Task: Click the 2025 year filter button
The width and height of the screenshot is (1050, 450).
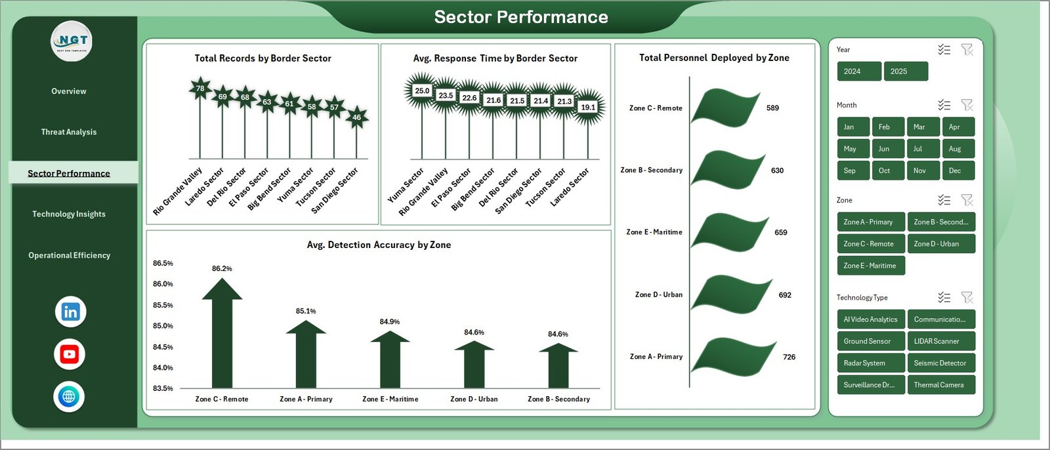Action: click(906, 72)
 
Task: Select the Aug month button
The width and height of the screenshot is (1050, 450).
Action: click(957, 149)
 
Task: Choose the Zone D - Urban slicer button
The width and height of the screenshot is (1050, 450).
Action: click(940, 244)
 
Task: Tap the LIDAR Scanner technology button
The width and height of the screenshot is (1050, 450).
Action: click(940, 341)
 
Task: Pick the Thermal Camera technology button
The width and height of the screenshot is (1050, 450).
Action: click(940, 385)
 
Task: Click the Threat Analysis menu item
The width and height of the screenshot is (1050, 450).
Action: click(69, 132)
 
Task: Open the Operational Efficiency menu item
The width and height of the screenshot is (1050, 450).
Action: click(69, 255)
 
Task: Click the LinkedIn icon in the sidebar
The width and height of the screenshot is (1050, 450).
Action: click(70, 312)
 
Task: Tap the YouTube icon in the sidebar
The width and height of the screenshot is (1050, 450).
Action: click(70, 355)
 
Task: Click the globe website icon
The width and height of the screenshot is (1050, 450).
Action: click(69, 397)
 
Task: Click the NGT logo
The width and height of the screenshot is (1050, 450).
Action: click(72, 41)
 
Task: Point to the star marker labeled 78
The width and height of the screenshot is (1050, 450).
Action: click(200, 89)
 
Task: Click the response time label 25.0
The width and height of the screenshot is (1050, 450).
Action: click(422, 91)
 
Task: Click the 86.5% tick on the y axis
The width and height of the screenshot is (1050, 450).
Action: click(163, 263)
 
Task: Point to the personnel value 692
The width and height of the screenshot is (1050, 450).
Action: click(785, 295)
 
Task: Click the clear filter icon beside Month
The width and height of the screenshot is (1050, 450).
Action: click(967, 105)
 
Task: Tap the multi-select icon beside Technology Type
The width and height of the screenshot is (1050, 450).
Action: click(944, 298)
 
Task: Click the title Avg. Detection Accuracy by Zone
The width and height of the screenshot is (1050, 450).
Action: click(379, 245)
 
